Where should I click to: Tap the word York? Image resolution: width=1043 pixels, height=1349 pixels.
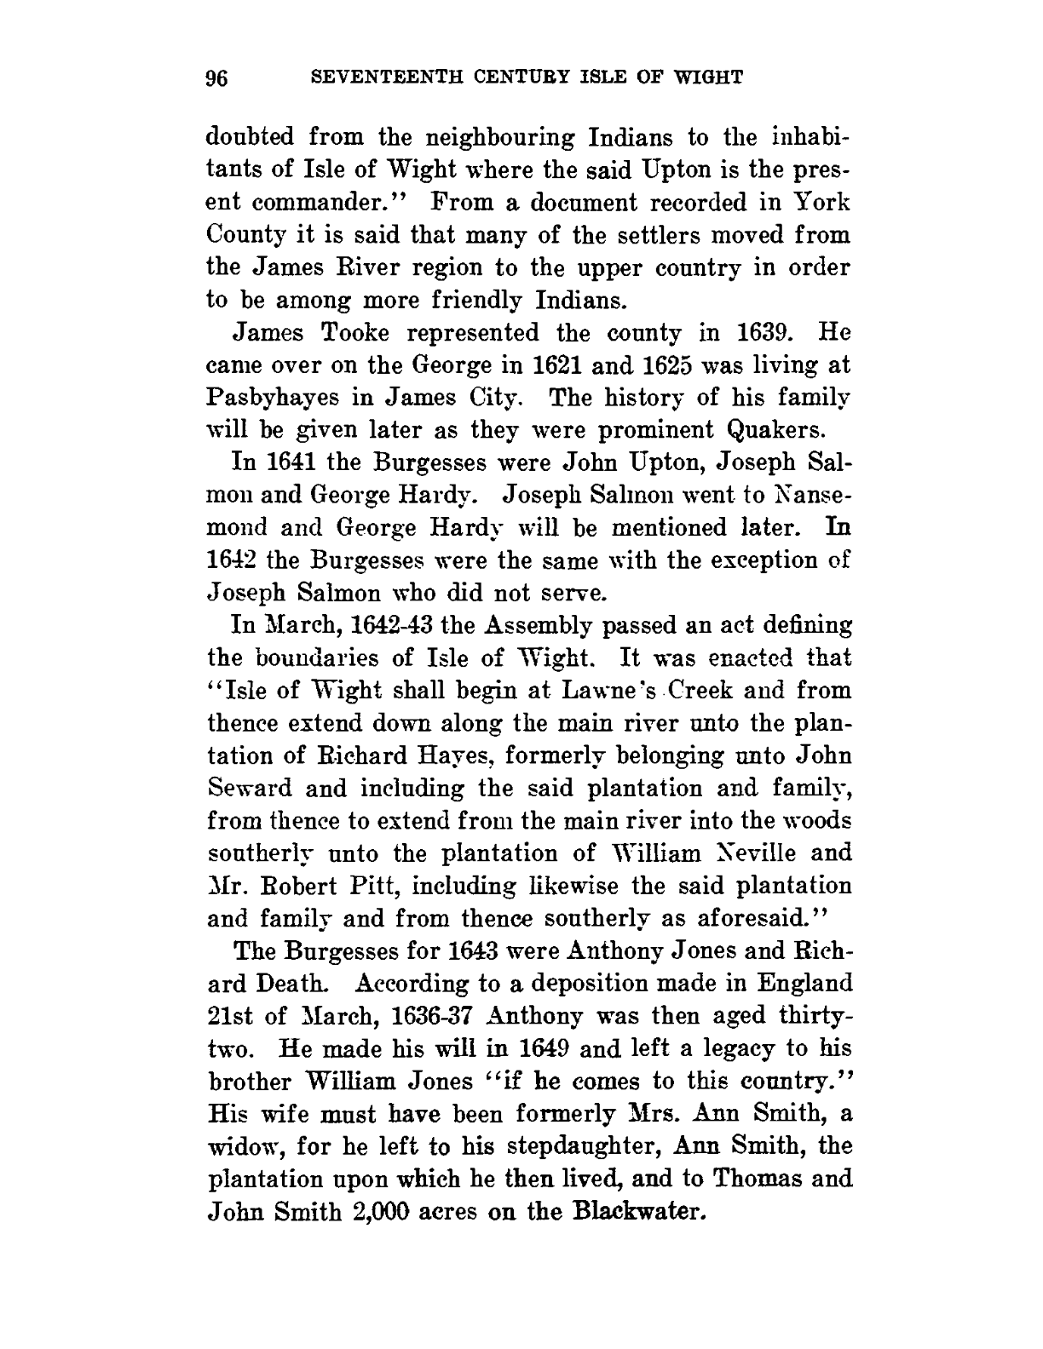point(818,203)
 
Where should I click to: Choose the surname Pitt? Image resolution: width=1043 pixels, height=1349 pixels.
point(377,886)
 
